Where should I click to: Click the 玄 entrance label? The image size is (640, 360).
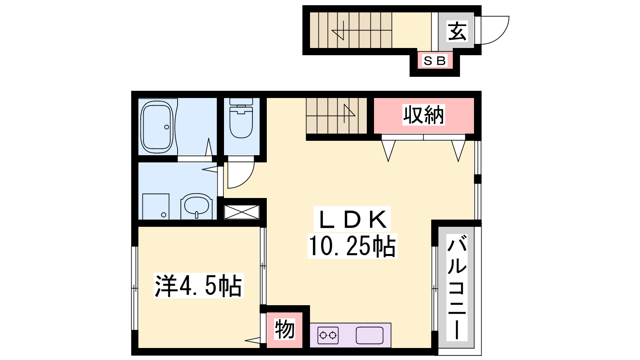(x=457, y=31)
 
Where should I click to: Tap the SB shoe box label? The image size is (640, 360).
(x=434, y=61)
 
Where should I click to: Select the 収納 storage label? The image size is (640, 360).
(x=424, y=115)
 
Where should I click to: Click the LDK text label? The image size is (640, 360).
(x=352, y=219)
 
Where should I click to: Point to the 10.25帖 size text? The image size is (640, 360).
(x=352, y=246)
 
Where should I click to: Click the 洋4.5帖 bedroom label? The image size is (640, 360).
(x=198, y=286)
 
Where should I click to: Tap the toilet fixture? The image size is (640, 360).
(x=241, y=118)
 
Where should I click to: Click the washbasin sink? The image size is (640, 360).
(x=196, y=206)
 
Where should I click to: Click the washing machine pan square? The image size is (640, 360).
(x=156, y=207)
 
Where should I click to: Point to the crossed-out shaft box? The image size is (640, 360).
(x=242, y=212)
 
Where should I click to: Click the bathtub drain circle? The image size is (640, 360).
(x=166, y=127)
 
